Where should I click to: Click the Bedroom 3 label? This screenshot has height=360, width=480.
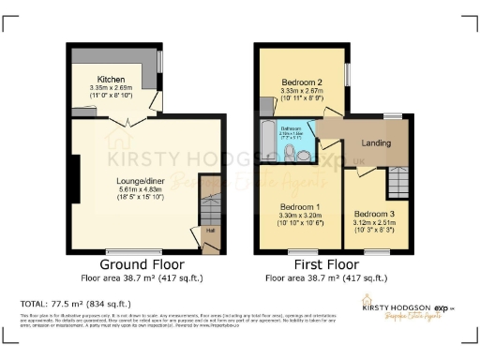point(373,214)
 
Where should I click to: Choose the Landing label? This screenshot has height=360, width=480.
point(377,143)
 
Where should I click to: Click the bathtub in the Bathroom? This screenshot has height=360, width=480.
point(268,145)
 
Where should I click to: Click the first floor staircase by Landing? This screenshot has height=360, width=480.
point(400,175)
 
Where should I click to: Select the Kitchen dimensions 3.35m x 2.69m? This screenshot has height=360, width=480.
point(112,91)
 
